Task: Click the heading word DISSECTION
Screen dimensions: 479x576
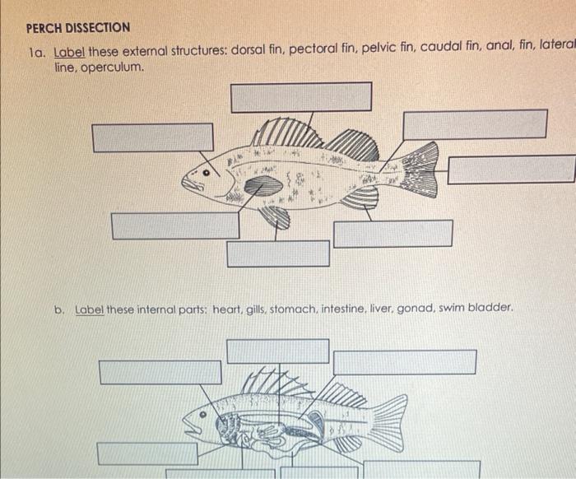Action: pyautogui.click(x=97, y=27)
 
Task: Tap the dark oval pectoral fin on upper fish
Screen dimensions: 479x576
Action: pyautogui.click(x=263, y=186)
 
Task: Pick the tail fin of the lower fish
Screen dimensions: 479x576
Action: pyautogui.click(x=389, y=421)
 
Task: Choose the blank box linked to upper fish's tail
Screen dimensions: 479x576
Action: pyautogui.click(x=511, y=170)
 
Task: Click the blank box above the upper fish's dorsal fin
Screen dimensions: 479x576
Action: pyautogui.click(x=300, y=97)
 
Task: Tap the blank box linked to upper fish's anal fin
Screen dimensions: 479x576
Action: pyautogui.click(x=393, y=234)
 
